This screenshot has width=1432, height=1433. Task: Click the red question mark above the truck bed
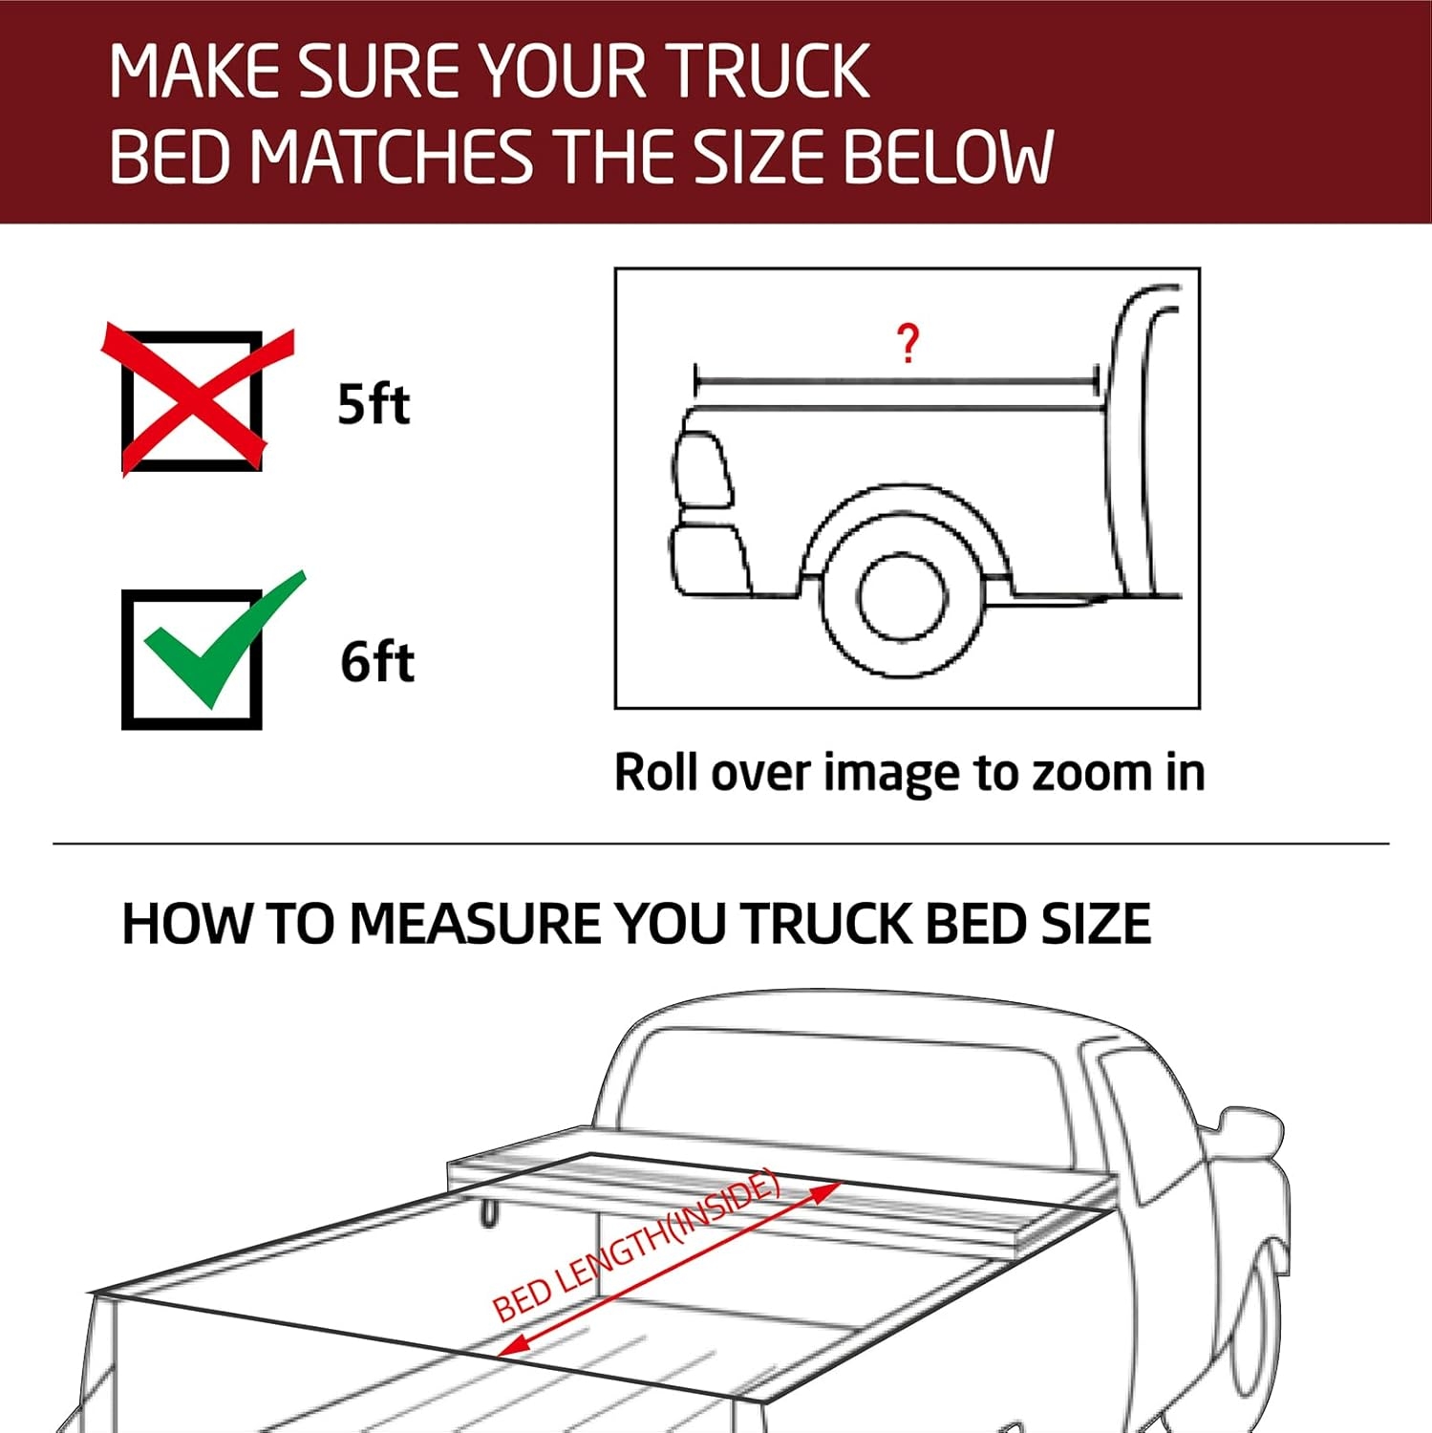coord(908,344)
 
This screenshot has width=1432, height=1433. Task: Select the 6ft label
coord(377,661)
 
